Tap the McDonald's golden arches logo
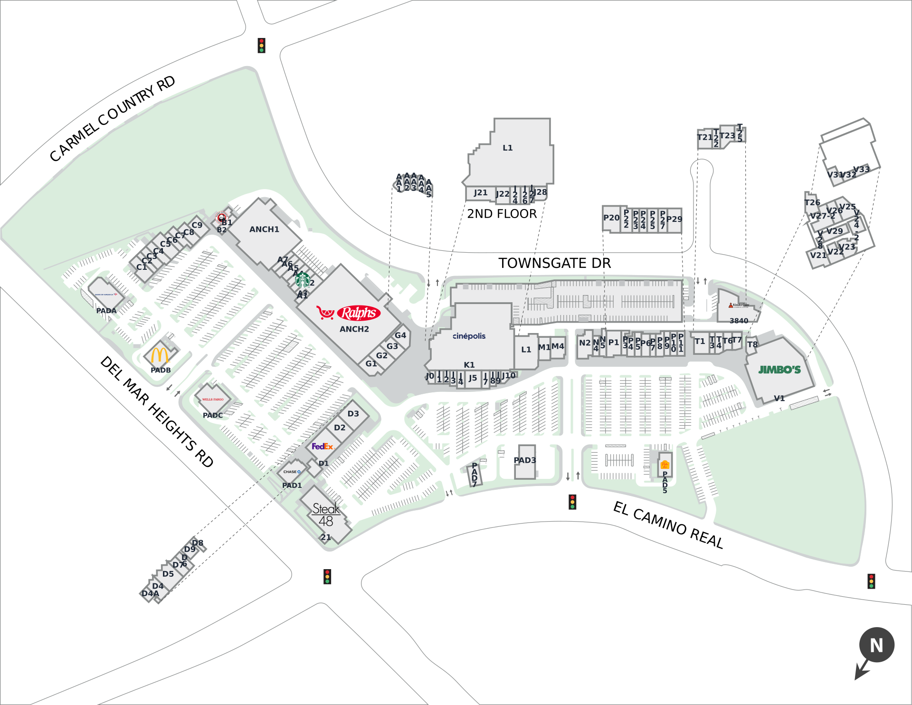coord(160,355)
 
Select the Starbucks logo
coord(303,280)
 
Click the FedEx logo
coord(323,447)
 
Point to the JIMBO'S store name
coord(779,370)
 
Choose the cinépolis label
coord(469,336)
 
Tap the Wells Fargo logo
coord(213,400)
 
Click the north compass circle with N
coord(876,645)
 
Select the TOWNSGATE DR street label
coord(554,263)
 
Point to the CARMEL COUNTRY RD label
coord(113,119)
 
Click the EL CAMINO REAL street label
coord(668,524)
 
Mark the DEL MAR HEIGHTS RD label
coord(157,411)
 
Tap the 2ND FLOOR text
coord(502,214)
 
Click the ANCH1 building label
coord(264,229)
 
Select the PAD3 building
coord(525,460)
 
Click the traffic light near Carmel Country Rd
coord(261,46)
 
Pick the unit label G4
coord(400,335)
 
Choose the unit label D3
coord(353,414)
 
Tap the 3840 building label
coord(739,321)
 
